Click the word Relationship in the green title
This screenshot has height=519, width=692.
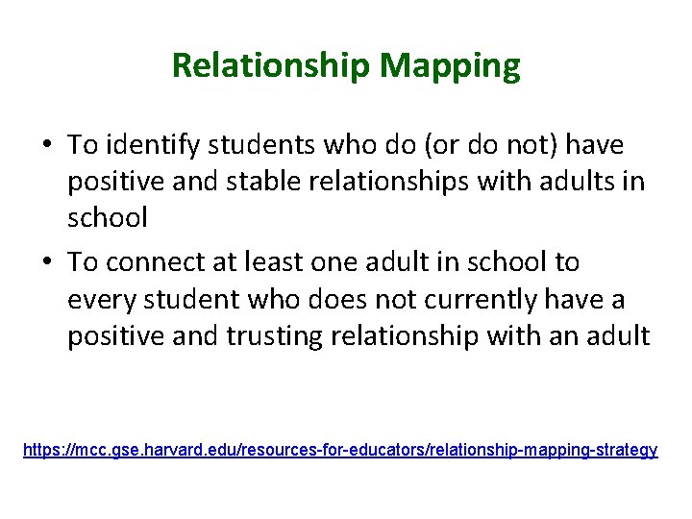click(271, 66)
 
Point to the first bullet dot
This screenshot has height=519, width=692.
click(46, 147)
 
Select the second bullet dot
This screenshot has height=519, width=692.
click(46, 263)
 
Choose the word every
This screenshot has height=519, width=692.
click(102, 299)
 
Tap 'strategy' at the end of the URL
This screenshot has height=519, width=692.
click(626, 450)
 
